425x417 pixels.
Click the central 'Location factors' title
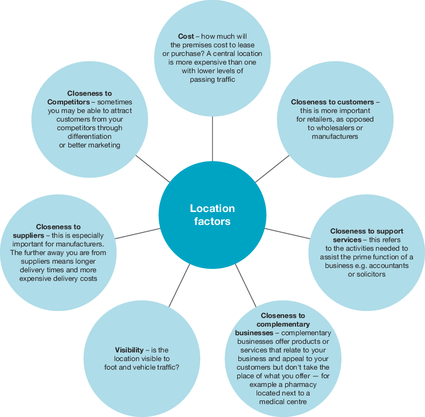(x=212, y=215)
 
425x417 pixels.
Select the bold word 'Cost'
(x=186, y=36)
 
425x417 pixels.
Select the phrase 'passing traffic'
(x=212, y=79)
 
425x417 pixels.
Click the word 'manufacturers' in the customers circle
(x=335, y=136)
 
